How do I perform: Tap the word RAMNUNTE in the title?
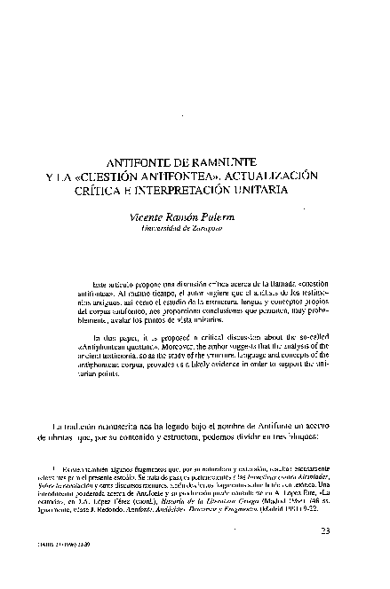[x=234, y=163]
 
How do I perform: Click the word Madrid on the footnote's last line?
[x=279, y=524]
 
